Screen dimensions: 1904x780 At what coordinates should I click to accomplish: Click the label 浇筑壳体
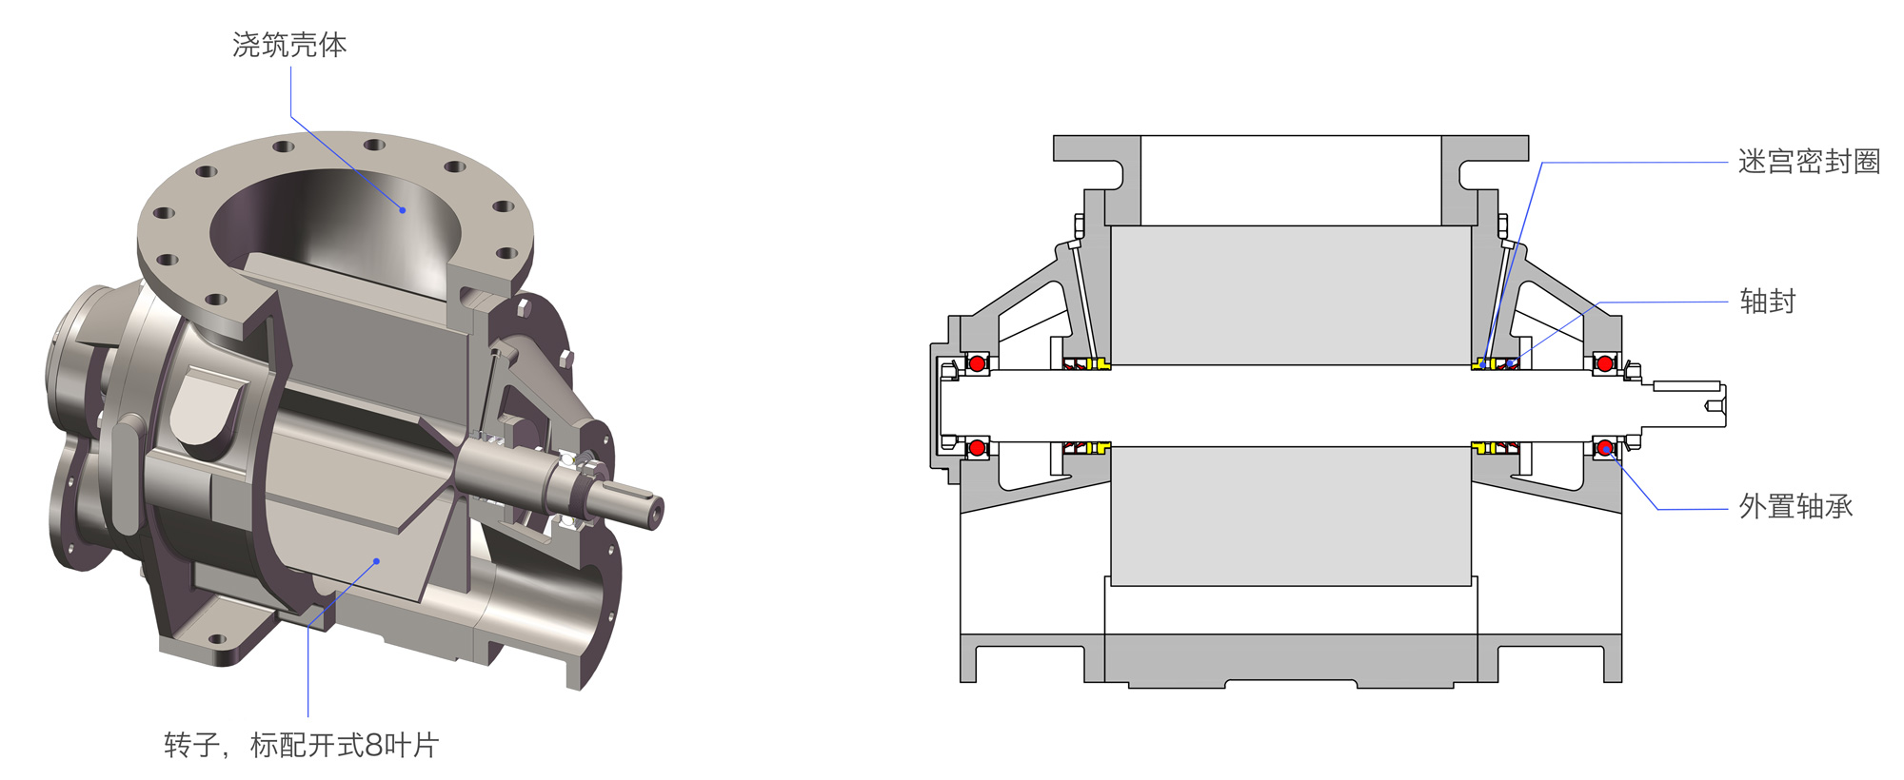coord(289,45)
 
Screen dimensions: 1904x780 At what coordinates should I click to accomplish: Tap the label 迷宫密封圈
coord(1809,162)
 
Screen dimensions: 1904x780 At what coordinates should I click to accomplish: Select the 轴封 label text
coord(1768,302)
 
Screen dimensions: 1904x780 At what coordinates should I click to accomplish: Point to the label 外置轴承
coord(1796,507)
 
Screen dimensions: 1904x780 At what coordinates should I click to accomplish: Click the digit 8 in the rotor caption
coord(373,745)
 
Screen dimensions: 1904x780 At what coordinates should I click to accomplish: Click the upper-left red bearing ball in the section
coord(977,363)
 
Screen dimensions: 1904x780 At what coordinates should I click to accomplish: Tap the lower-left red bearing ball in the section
coord(977,447)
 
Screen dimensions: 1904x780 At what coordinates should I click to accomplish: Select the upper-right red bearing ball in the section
coord(1605,363)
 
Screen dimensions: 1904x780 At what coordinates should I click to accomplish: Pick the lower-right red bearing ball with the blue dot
coord(1605,447)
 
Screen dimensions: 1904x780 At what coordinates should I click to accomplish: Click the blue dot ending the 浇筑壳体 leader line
coord(403,209)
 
